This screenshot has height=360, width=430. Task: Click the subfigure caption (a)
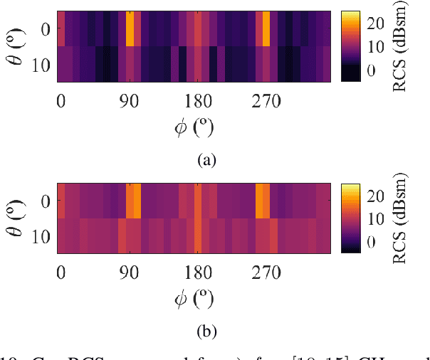pyautogui.click(x=206, y=160)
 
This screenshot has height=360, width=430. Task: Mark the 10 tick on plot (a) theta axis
pyautogui.click(x=42, y=64)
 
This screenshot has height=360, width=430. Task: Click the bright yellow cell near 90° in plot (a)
pyautogui.click(x=130, y=28)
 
